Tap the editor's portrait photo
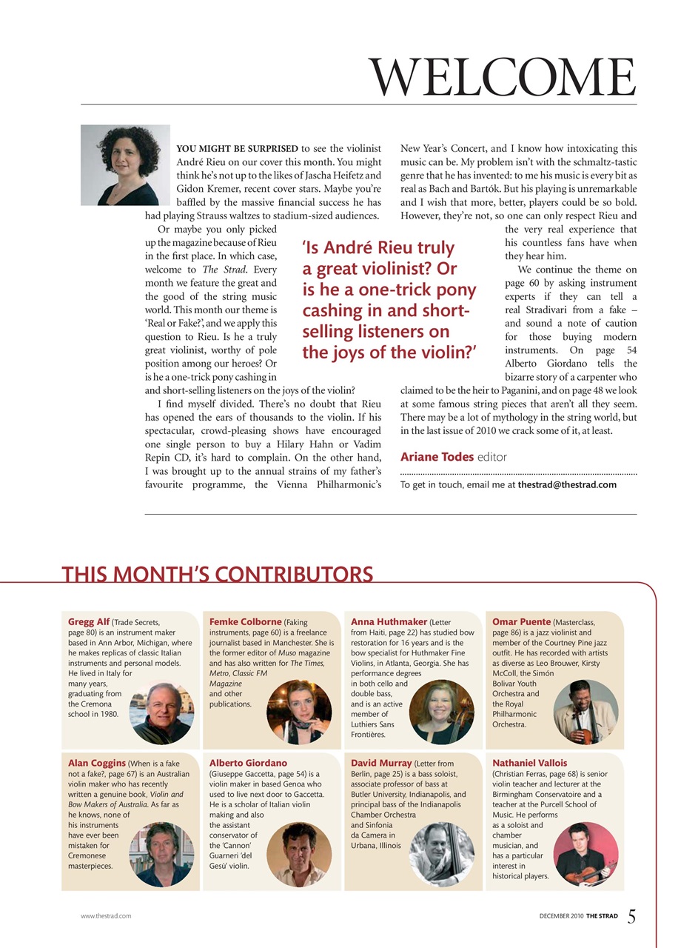(125, 165)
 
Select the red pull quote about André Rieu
(389, 299)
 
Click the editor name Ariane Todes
(437, 457)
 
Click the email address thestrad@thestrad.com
(567, 484)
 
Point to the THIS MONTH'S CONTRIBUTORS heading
(217, 574)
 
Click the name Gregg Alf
(89, 622)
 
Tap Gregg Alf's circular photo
(162, 712)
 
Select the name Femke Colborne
(245, 622)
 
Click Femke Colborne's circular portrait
(299, 712)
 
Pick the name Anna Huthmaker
(389, 622)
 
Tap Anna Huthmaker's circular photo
(441, 712)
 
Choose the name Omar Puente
(521, 622)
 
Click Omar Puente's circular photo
(585, 712)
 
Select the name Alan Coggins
(97, 763)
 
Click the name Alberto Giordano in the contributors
(248, 763)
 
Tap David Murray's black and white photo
(441, 854)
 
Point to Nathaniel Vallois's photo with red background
(585, 854)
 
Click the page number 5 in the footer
(631, 916)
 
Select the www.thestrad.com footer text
(106, 916)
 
